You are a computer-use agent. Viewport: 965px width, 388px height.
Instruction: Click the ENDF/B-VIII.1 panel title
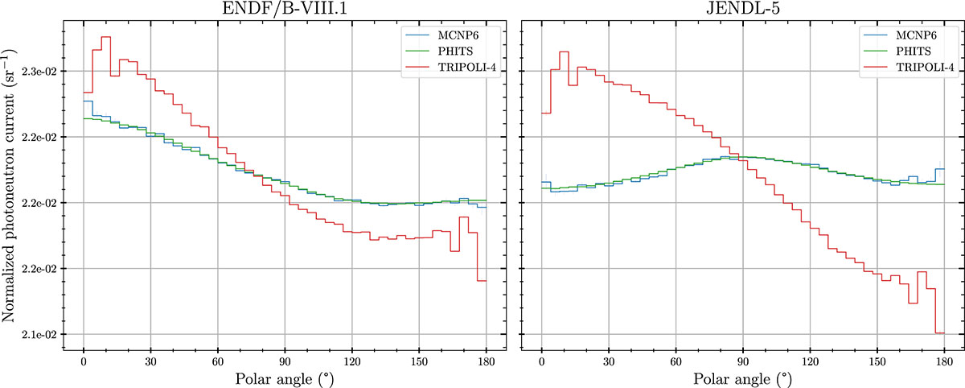pos(284,10)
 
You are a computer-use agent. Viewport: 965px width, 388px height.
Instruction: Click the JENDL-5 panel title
pos(742,10)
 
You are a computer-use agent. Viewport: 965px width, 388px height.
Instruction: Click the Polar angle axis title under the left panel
pos(284,378)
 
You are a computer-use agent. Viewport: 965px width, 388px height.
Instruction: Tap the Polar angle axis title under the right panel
pos(742,378)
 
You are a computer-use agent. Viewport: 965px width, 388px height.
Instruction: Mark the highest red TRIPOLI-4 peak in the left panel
pos(105,37)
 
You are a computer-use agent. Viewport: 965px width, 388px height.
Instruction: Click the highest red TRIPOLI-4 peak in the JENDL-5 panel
pos(564,52)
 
